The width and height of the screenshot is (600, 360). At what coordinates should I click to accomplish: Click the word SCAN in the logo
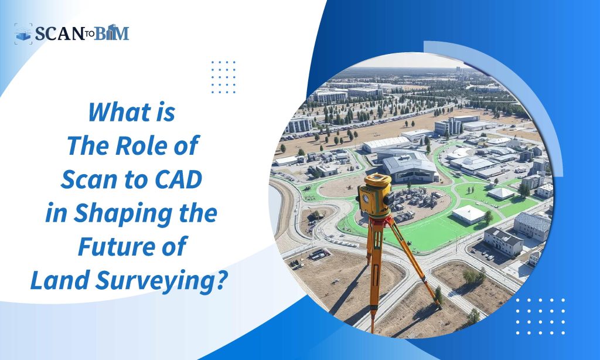coord(59,33)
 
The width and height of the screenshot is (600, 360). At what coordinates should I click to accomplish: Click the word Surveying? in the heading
coord(159,281)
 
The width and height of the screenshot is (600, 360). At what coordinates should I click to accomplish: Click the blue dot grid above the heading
coord(223,77)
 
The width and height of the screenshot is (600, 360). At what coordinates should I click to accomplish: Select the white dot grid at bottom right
coord(540,317)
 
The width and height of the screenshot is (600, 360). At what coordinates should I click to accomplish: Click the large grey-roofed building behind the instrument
coord(410,167)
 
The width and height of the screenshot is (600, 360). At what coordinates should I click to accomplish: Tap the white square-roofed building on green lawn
coord(468,214)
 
